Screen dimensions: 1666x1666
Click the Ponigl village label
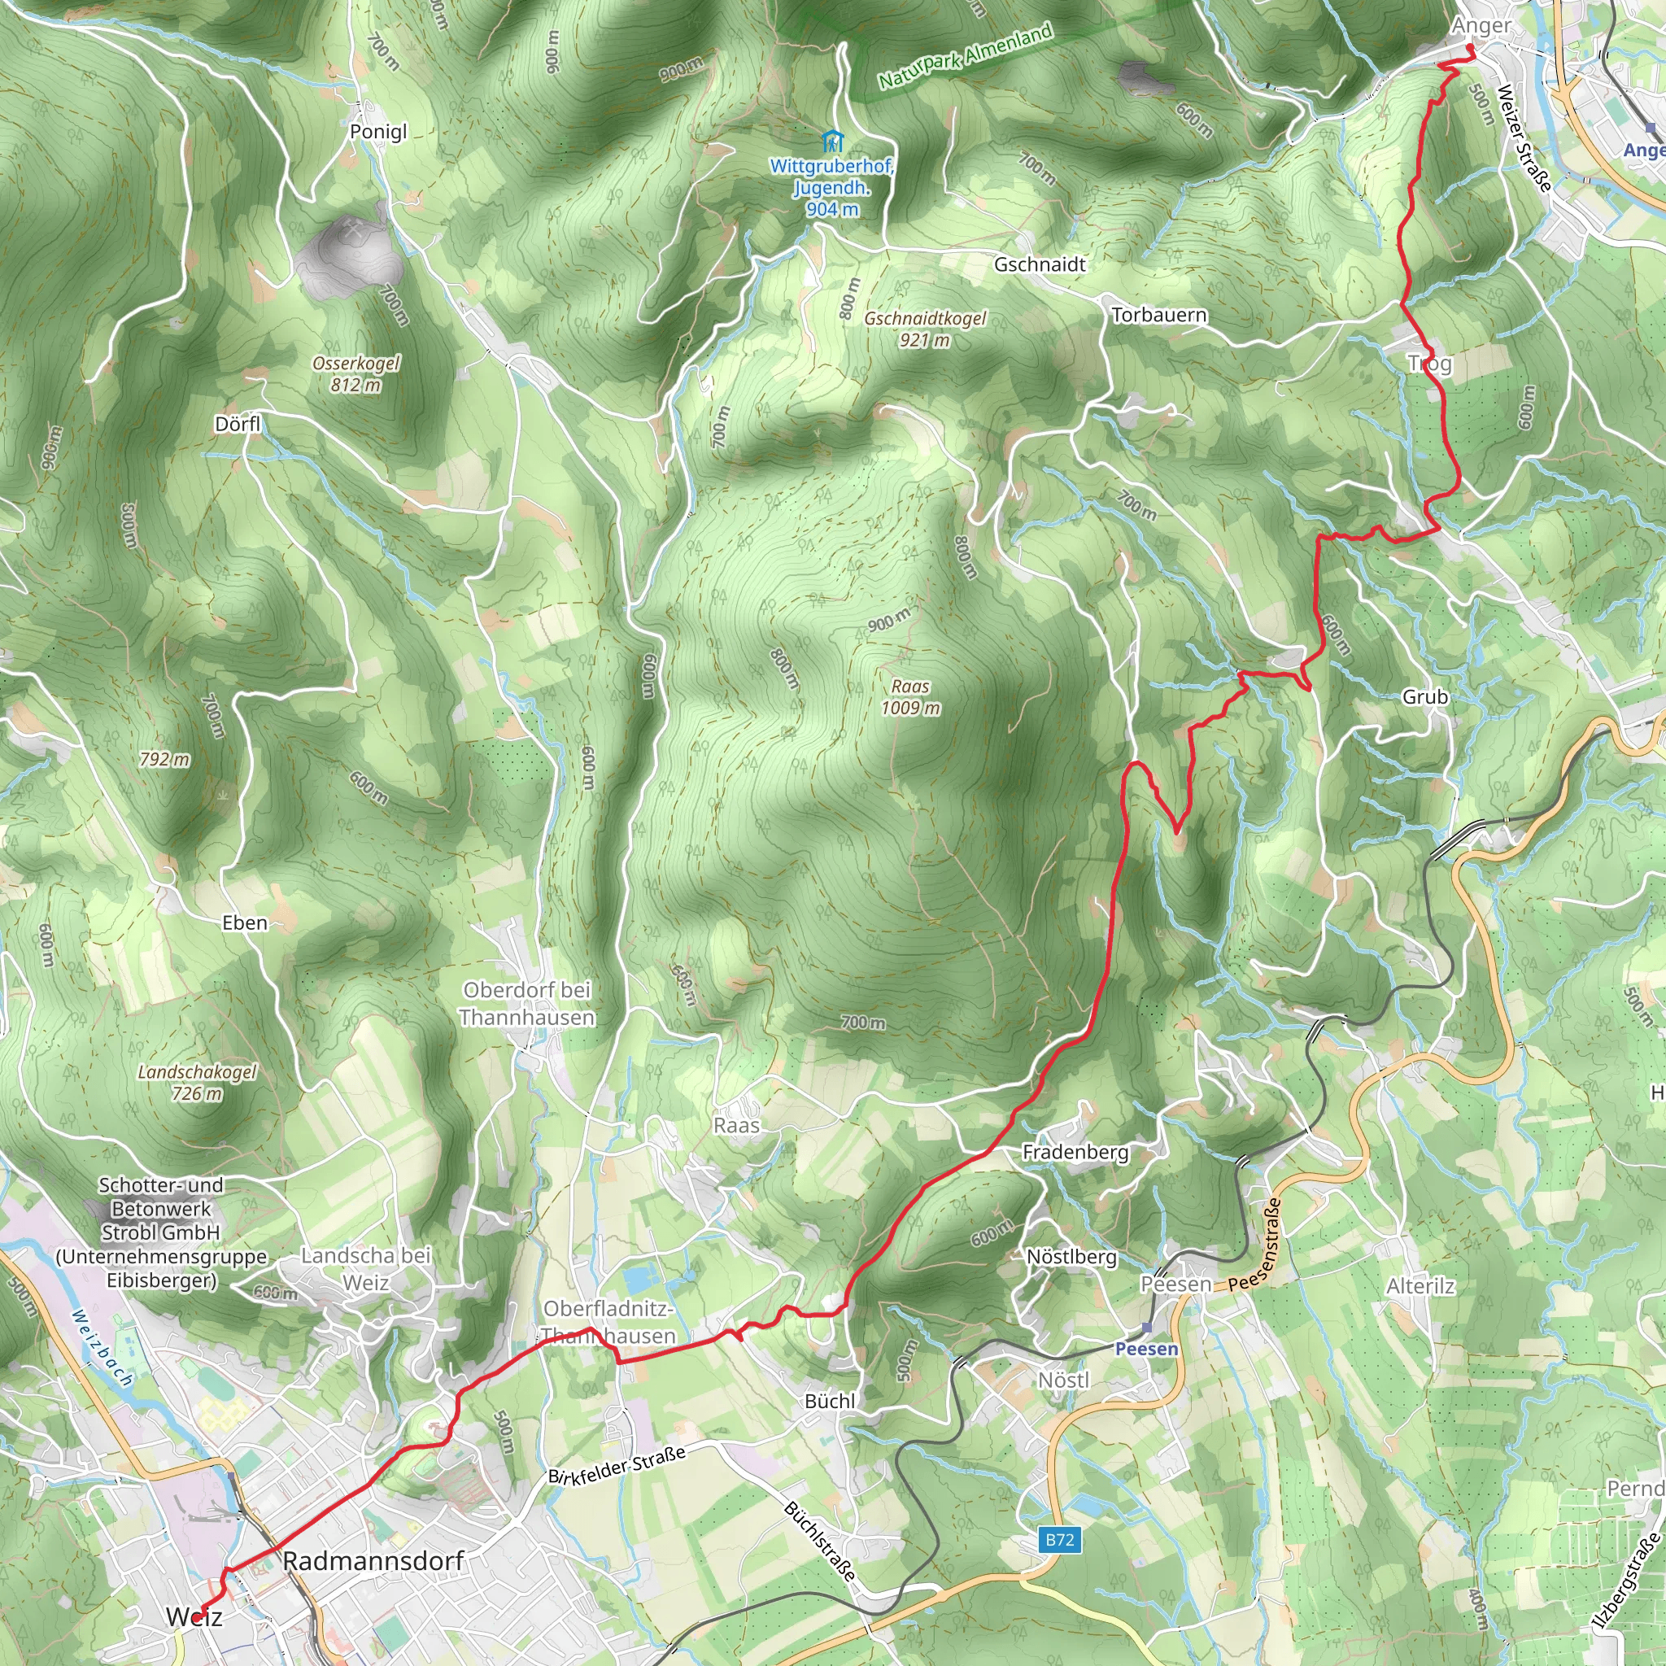coord(377,132)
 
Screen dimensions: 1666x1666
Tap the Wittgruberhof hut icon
coord(831,141)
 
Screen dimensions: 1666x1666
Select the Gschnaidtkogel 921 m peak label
coord(924,329)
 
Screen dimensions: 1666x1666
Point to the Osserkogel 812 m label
coord(355,374)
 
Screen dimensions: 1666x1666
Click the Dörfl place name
coord(238,425)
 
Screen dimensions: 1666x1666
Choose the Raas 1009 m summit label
coord(909,697)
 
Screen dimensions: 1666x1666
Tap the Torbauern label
coord(1158,316)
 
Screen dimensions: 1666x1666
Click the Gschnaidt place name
coord(1039,264)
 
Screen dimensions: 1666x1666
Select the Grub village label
coord(1424,697)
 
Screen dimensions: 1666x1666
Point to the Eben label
coord(245,922)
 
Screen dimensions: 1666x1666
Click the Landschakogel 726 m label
coord(198,1082)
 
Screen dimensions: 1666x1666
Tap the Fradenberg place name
coord(1075,1152)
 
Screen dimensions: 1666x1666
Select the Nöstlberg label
coord(1071,1258)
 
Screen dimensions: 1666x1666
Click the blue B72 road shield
coord(1060,1539)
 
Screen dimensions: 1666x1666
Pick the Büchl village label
coord(830,1402)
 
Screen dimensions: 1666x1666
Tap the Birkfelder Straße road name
coord(617,1465)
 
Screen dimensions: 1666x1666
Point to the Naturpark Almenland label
coord(965,57)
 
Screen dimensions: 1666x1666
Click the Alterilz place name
coord(1420,1287)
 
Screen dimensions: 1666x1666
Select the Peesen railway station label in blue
coord(1146,1349)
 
